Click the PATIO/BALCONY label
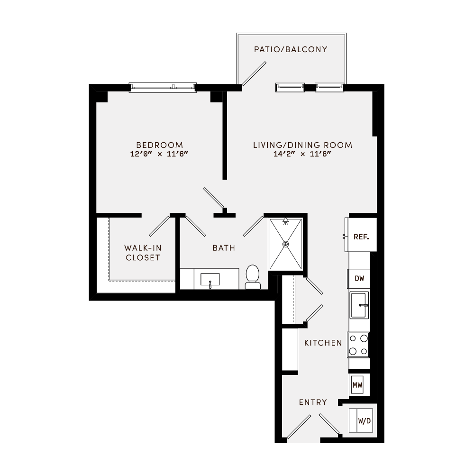pos(291,49)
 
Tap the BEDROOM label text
pos(159,145)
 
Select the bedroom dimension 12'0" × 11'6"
pos(159,155)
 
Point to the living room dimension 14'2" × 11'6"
pos(302,155)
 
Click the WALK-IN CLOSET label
pos(142,253)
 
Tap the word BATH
pos(224,248)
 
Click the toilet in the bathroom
pos(252,276)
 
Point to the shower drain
pos(285,244)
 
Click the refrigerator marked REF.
pos(361,236)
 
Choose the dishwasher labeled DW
pos(359,279)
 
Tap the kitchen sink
pos(359,306)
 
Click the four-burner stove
pos(359,345)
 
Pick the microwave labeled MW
pos(357,385)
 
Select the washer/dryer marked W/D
pos(363,420)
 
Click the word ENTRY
pos(313,402)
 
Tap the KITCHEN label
pos(323,343)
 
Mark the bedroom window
pos(163,87)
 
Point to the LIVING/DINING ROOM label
pos(302,145)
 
